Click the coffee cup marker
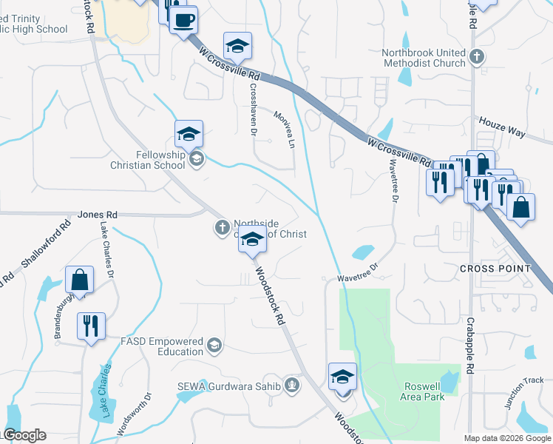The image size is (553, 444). click(183, 19)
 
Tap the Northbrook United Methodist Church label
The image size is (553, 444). click(424, 58)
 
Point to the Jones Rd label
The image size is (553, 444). click(92, 215)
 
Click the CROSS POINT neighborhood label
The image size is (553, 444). click(495, 268)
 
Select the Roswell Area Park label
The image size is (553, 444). click(424, 391)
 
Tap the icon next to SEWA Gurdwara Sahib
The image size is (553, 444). click(293, 385)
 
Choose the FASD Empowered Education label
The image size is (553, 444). click(162, 346)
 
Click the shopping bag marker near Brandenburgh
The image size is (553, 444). click(79, 280)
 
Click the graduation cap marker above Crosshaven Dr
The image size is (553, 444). click(237, 46)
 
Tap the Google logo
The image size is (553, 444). click(24, 435)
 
